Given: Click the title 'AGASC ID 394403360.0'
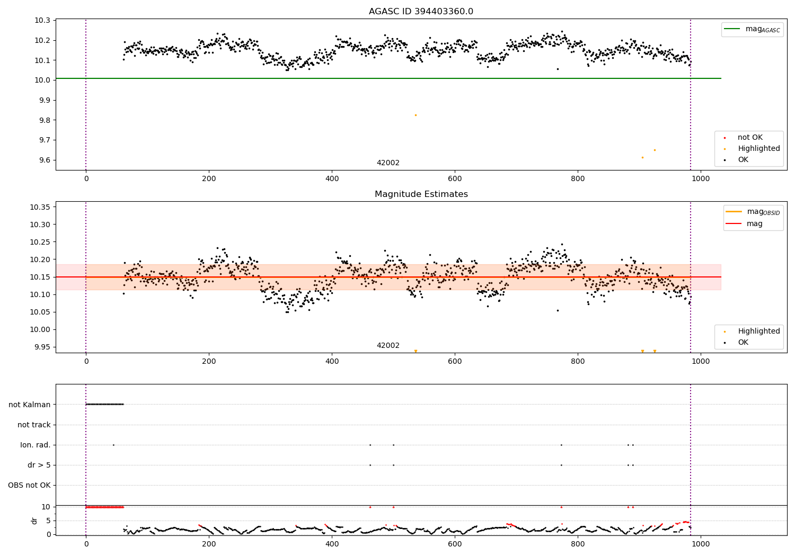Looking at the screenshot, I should coord(421,12).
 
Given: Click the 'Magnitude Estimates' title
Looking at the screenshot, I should coord(421,194).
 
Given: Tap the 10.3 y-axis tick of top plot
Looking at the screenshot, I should coord(43,20).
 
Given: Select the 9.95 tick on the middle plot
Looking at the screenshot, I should coord(42,347).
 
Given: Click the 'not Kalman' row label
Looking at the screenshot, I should coord(30,405).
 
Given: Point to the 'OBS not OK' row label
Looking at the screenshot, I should coord(30,485).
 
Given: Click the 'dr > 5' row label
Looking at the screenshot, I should coord(39,465).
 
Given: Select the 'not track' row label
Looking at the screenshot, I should coord(34,425).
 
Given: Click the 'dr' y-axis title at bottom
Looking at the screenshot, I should coord(34,521).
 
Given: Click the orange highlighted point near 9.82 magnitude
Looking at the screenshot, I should coord(416,115).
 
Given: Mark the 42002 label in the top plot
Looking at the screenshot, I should coord(388,163).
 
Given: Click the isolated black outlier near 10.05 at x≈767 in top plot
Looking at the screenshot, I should coord(558,69).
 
